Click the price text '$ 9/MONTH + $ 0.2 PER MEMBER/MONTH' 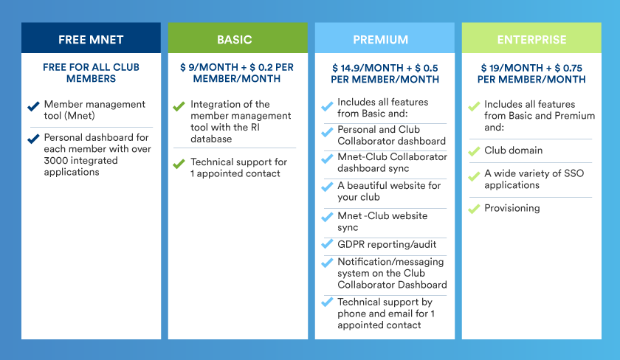click(237, 73)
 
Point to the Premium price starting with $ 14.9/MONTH click(385, 74)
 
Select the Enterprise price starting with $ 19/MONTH click(531, 74)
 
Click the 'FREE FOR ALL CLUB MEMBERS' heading click(91, 73)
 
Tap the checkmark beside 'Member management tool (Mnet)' click(34, 106)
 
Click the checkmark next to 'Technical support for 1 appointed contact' click(179, 164)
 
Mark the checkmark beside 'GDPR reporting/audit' click(327, 244)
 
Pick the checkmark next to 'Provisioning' click(474, 209)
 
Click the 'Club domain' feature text click(513, 150)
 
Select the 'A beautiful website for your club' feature click(389, 191)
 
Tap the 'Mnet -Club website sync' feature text click(382, 221)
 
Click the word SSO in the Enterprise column click(573, 173)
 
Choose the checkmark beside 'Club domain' click(474, 151)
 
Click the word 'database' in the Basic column click(211, 139)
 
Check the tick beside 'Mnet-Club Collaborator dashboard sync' click(327, 159)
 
